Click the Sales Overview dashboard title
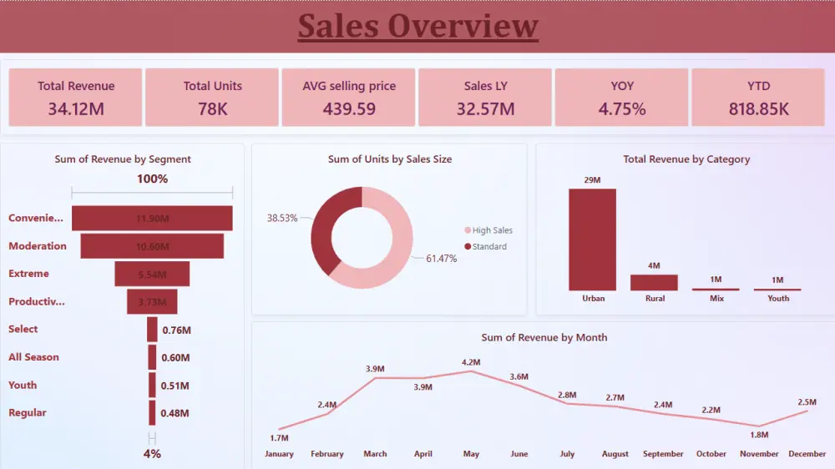click(417, 26)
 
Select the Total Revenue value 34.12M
click(76, 108)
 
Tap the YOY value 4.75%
click(622, 108)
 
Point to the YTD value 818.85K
click(758, 108)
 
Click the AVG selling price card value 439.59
click(349, 108)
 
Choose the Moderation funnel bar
click(152, 246)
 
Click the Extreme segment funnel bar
click(152, 274)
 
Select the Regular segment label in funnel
click(28, 412)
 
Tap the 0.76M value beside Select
click(176, 330)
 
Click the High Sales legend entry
click(492, 230)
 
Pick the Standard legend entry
click(488, 246)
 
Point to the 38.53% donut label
click(282, 217)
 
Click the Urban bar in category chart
click(592, 240)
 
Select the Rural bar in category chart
click(655, 282)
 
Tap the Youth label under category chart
click(778, 298)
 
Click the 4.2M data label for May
click(471, 362)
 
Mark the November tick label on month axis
click(759, 454)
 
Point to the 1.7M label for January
click(279, 438)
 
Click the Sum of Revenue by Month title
click(544, 337)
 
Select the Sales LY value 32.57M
click(485, 108)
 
